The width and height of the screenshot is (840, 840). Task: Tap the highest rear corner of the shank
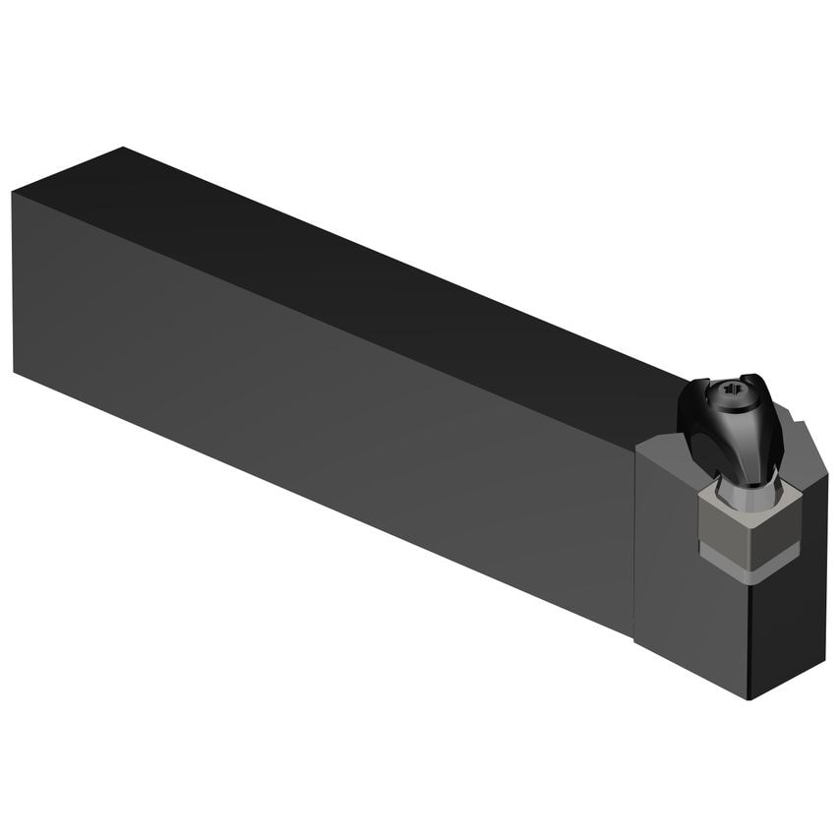click(x=123, y=149)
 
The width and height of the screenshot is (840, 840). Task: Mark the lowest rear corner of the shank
click(x=15, y=371)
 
